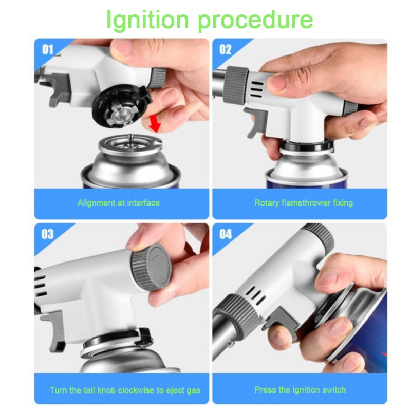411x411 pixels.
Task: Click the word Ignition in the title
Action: click(x=147, y=20)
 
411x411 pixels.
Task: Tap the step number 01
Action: click(x=47, y=49)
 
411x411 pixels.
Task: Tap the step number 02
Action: click(x=226, y=49)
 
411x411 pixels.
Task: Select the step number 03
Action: click(x=47, y=234)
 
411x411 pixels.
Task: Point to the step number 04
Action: click(x=226, y=234)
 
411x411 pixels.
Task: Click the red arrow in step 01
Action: click(x=155, y=123)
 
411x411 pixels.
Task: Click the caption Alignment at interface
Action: click(x=119, y=203)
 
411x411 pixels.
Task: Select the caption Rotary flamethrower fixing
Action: click(x=304, y=203)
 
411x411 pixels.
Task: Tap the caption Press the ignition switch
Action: click(x=300, y=390)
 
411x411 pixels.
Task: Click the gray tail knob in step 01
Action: click(x=158, y=78)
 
